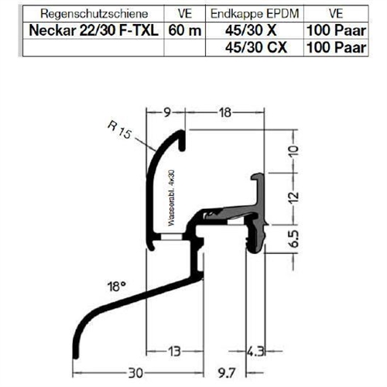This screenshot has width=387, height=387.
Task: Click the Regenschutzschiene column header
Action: click(94, 14)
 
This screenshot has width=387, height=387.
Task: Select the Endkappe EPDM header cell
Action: click(255, 14)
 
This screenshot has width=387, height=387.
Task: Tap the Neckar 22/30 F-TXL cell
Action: click(94, 30)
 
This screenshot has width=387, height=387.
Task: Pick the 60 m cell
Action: click(185, 30)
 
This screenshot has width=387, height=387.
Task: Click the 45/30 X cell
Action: click(251, 30)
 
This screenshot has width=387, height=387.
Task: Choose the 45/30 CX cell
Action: click(256, 47)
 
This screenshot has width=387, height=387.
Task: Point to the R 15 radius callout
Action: click(119, 129)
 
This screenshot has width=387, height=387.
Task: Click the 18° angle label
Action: click(117, 286)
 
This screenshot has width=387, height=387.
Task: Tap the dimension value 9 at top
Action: click(167, 112)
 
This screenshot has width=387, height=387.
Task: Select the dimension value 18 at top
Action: click(225, 112)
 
